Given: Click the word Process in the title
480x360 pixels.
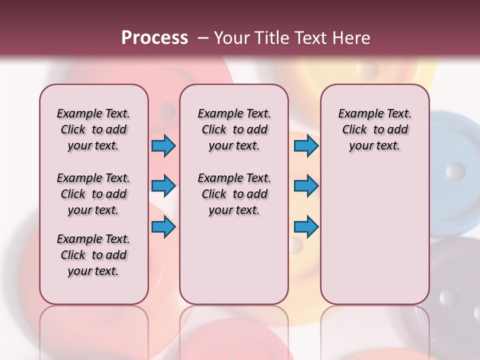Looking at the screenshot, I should pos(154,37).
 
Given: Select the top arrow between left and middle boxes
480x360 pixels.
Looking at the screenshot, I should pos(163,146).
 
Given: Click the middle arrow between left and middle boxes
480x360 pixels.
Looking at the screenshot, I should pos(163,186).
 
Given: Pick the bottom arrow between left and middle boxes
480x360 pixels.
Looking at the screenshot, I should pos(163,227).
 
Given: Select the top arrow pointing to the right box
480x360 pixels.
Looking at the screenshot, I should pos(306,146).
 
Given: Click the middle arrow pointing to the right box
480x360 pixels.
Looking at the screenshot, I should pos(306,186).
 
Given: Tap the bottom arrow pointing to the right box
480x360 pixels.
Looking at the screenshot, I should pos(306,227).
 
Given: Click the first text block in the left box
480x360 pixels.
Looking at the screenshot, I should pos(93,129).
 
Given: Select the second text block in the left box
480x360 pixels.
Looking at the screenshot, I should pos(93,194).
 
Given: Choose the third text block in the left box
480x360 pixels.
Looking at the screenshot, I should pos(93,255).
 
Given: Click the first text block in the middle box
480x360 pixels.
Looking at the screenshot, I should pos(234,129).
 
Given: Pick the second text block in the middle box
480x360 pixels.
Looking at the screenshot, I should pos(234,194).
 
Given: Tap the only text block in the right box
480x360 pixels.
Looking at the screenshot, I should pos(374,129).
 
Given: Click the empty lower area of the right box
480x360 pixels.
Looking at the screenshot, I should pos(374,235).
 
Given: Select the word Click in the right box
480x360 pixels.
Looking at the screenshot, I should pos(354,130).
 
